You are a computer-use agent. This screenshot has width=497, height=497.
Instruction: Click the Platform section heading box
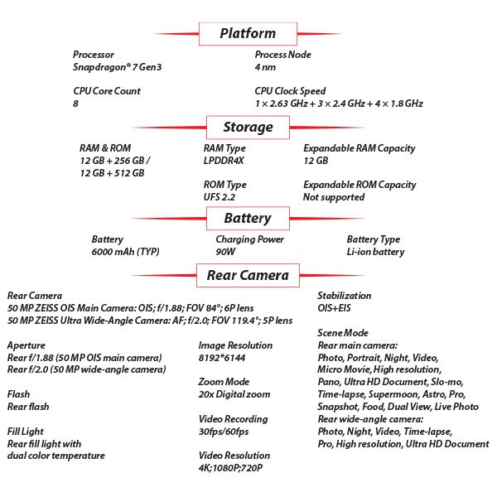(248, 34)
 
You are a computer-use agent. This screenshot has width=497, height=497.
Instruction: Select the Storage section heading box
(248, 128)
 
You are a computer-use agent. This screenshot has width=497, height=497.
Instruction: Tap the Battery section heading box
(248, 219)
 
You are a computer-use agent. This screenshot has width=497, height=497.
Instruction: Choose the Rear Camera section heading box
(248, 275)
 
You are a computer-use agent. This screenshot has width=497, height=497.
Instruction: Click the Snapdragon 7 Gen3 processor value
(117, 67)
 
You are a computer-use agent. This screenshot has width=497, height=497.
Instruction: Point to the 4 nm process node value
(266, 67)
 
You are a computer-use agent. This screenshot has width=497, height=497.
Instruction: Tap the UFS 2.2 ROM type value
(220, 197)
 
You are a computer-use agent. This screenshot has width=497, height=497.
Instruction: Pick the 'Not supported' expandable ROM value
(334, 197)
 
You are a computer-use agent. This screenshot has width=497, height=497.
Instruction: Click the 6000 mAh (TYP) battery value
(125, 252)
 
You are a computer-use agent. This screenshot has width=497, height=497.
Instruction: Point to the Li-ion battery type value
(375, 252)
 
